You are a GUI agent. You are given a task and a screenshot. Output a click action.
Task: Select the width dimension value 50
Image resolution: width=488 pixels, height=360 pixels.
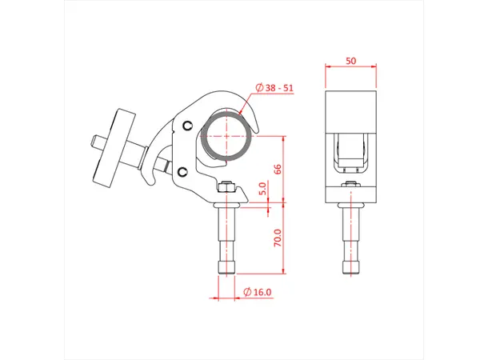350,61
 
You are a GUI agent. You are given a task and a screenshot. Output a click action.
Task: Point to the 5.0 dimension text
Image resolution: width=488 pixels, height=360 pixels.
263,190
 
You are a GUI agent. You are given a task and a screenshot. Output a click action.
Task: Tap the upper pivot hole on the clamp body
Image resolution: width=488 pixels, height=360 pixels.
187,125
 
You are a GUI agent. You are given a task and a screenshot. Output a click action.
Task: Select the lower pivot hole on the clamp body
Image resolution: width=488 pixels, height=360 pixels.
184,172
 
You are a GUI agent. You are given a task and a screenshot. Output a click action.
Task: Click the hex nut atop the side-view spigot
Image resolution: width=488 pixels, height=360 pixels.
227,188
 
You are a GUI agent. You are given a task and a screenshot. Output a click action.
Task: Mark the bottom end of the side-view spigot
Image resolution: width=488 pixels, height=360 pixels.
226,270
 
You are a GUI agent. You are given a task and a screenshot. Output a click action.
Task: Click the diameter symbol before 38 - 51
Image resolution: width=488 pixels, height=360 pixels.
259,89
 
